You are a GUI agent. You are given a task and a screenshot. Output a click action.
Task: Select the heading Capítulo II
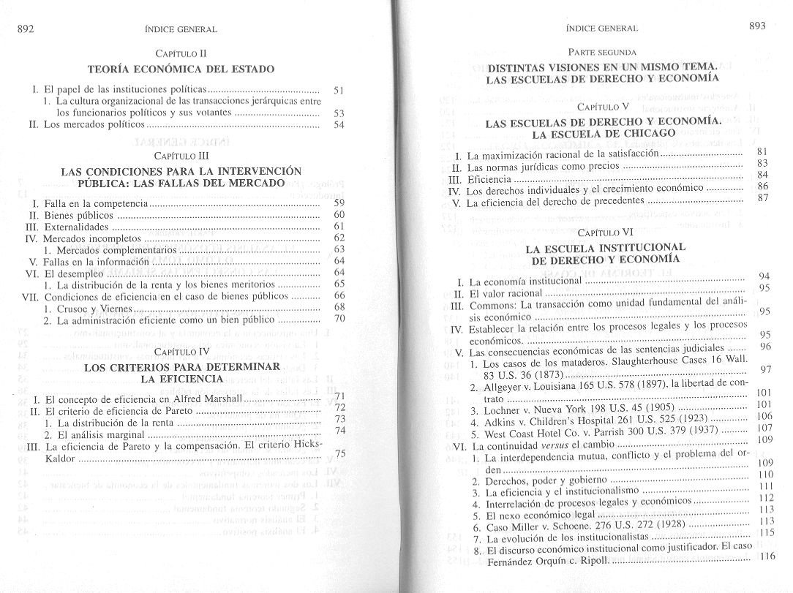click(x=182, y=53)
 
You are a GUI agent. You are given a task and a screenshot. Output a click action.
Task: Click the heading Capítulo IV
click(x=182, y=352)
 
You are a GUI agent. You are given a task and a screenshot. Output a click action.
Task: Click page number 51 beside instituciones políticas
click(x=338, y=89)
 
